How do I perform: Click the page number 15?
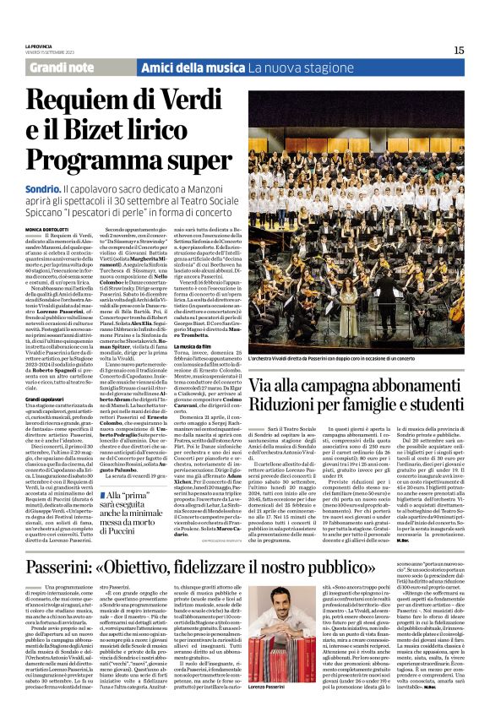click(459, 50)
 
